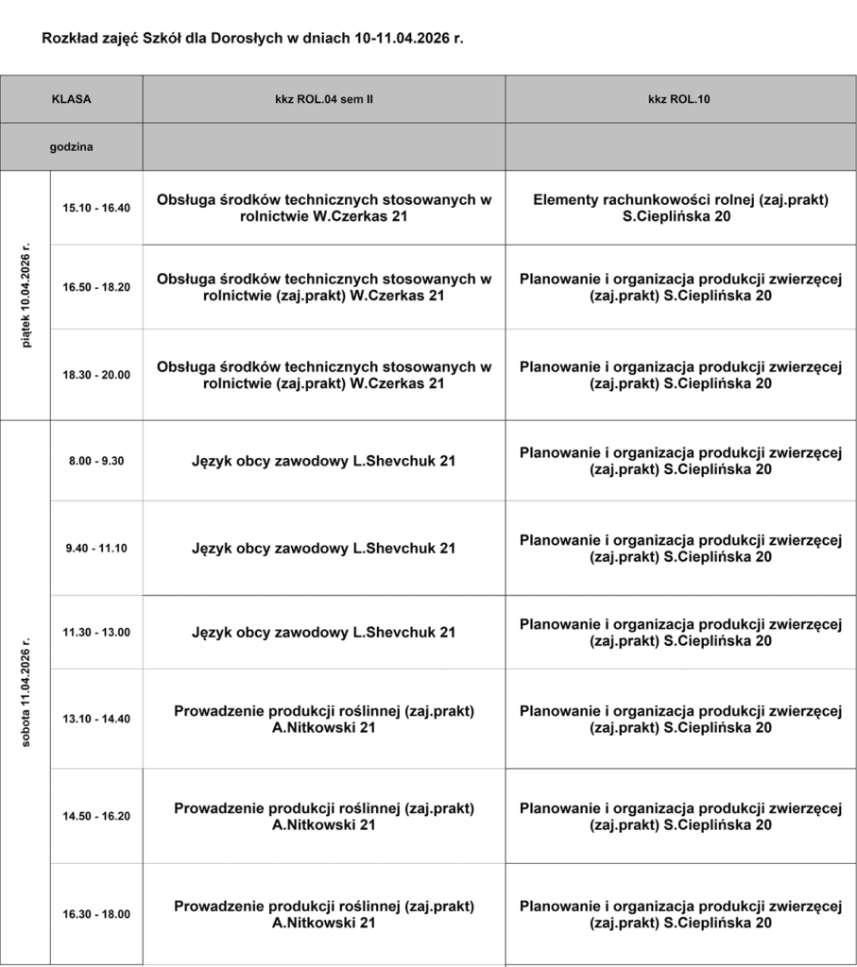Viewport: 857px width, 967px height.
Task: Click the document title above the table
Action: tap(253, 40)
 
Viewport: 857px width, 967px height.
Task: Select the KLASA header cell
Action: tap(72, 98)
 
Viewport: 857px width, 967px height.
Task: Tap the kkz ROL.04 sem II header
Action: tap(324, 98)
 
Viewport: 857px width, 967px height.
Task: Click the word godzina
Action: tap(72, 146)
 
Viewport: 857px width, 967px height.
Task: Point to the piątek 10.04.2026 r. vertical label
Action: tap(26, 296)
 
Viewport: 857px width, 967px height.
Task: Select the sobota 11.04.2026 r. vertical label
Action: tap(26, 691)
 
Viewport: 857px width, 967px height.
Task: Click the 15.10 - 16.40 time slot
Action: tap(96, 208)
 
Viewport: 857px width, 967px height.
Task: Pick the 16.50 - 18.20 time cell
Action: tap(96, 287)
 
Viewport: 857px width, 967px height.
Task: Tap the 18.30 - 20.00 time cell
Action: tap(96, 375)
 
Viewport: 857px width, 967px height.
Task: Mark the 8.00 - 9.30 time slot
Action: tap(96, 461)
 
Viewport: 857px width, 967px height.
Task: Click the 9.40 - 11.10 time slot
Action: tap(96, 548)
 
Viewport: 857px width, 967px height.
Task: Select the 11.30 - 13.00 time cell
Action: tap(96, 632)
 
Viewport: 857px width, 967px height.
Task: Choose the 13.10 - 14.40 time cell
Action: tap(96, 719)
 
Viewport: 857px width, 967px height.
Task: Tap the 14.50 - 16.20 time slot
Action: tap(96, 816)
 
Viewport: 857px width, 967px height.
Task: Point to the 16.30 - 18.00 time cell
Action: tap(96, 914)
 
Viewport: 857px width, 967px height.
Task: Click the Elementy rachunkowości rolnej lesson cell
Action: tap(680, 208)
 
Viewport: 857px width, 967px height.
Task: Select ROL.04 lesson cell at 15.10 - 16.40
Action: tap(324, 208)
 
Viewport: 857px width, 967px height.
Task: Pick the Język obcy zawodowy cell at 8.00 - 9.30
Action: tap(324, 461)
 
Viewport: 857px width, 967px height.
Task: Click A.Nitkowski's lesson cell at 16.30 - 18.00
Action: tap(324, 914)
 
